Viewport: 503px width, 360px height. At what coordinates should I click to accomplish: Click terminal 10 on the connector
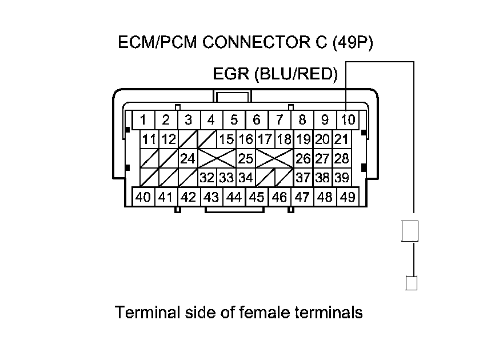tap(348, 120)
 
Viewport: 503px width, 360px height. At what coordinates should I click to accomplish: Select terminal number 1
tap(143, 120)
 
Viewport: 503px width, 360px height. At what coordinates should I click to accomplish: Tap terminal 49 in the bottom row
tap(348, 197)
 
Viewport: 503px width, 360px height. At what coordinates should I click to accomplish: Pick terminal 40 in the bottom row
tap(143, 197)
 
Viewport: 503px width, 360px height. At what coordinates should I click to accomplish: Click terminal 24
tap(187, 158)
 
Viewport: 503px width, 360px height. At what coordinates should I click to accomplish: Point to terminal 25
tap(246, 158)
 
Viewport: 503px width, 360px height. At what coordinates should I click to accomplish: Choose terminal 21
tap(341, 139)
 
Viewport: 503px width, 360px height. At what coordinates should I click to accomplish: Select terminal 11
tap(149, 139)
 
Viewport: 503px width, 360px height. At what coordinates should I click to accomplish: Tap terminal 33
tap(226, 178)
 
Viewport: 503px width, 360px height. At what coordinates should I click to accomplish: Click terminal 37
tap(303, 178)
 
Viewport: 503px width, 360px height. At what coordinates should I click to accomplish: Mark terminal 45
tap(257, 197)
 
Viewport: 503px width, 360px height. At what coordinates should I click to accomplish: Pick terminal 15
tap(226, 139)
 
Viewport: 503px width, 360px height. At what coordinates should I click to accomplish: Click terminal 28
tap(341, 158)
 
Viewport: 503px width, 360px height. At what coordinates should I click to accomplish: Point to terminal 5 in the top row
tap(234, 120)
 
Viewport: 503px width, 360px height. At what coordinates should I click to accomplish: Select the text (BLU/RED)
tap(296, 74)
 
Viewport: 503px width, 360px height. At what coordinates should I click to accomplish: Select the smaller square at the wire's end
tap(412, 282)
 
